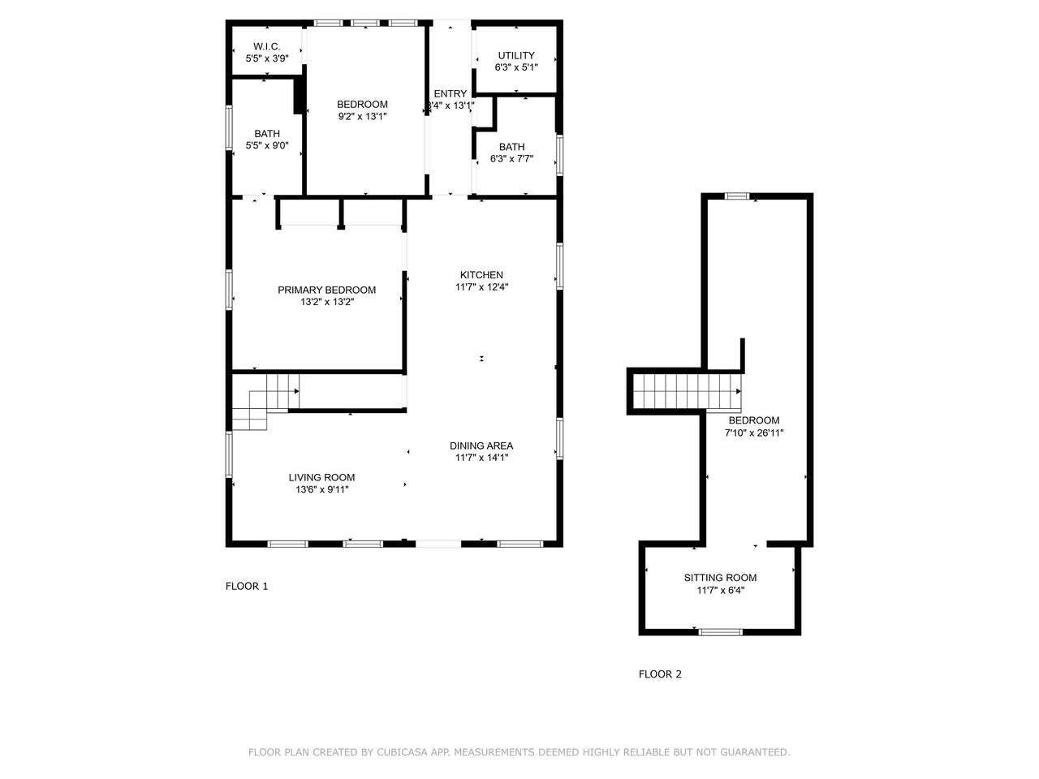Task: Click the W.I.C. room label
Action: (x=266, y=46)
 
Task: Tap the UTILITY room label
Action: (x=516, y=55)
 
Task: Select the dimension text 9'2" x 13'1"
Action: (x=362, y=116)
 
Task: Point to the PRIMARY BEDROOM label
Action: (x=326, y=290)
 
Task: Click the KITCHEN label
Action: (x=481, y=275)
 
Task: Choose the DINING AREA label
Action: (x=481, y=445)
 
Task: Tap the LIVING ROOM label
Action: (x=322, y=478)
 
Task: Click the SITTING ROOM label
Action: (x=720, y=578)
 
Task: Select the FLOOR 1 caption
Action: (x=247, y=586)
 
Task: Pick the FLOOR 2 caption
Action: (x=660, y=674)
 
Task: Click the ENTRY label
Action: (x=451, y=93)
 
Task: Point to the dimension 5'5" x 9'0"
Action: (x=267, y=146)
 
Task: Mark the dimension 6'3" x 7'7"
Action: (x=511, y=159)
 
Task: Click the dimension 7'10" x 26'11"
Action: (x=754, y=433)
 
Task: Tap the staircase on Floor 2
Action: (x=688, y=391)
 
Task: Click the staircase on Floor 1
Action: (x=265, y=402)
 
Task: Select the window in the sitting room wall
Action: (x=720, y=632)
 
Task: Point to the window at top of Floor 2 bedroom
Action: (x=737, y=196)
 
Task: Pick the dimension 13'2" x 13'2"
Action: (x=327, y=302)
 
